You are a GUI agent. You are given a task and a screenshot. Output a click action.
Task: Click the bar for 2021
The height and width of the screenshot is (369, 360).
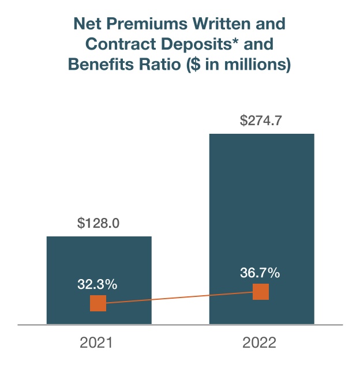click(99, 259)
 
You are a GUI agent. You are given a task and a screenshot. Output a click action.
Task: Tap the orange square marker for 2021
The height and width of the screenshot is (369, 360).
click(98, 303)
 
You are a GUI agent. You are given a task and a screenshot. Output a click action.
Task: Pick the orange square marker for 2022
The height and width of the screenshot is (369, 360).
click(261, 292)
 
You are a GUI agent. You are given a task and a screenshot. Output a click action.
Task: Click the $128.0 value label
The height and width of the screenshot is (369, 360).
click(98, 223)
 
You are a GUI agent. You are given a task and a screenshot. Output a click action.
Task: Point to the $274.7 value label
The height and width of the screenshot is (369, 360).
click(261, 121)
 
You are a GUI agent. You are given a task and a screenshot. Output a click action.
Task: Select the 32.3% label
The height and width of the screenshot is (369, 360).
click(98, 284)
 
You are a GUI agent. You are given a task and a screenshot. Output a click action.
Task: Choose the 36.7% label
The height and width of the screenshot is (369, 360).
click(260, 273)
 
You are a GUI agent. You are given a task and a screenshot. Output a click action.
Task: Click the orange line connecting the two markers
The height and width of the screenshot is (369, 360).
click(179, 298)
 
